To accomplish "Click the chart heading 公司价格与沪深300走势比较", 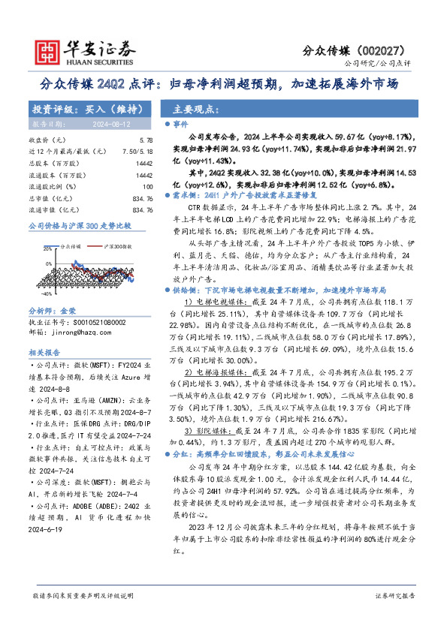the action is tap(79, 224).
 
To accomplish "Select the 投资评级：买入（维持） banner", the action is tap(77, 108).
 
